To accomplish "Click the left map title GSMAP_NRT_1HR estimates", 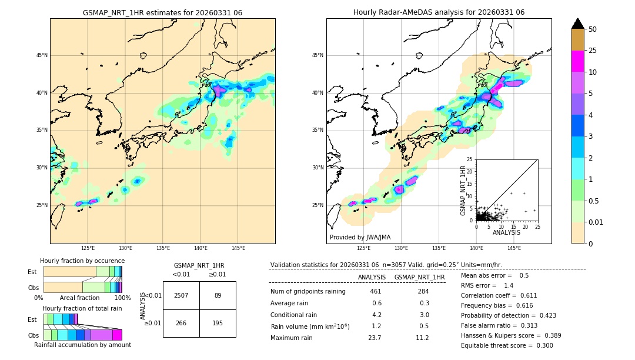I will click(x=162, y=12).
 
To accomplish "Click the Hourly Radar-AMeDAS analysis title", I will click(x=439, y=12).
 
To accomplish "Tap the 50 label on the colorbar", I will click(x=593, y=29).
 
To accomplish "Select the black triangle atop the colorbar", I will click(x=578, y=24).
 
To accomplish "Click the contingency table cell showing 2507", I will click(x=181, y=295).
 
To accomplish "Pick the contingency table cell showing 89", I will click(x=218, y=295).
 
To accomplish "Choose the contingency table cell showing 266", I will click(x=181, y=323).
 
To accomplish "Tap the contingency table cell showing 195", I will click(x=218, y=323).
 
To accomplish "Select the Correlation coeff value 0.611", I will click(x=540, y=295).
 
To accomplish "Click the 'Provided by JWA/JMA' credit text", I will click(x=360, y=238).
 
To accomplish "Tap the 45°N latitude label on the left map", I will click(x=42, y=55).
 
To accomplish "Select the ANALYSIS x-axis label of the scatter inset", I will click(x=506, y=232).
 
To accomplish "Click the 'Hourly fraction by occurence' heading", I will click(x=82, y=261).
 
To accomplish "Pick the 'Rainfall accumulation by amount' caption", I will click(x=82, y=345).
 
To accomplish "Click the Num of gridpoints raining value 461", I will click(x=376, y=291).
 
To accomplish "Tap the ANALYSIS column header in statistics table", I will click(x=372, y=277).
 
